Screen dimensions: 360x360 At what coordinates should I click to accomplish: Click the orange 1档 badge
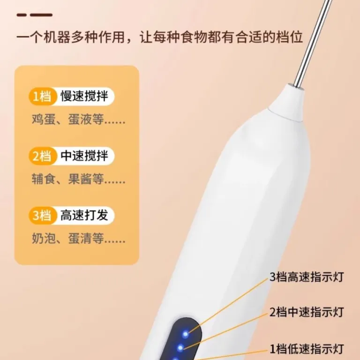pyautogui.click(x=43, y=96)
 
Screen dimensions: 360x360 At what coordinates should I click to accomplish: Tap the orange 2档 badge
pyautogui.click(x=43, y=156)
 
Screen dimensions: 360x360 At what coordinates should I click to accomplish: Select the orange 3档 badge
pyautogui.click(x=43, y=216)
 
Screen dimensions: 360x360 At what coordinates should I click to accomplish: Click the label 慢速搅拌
pyautogui.click(x=84, y=96)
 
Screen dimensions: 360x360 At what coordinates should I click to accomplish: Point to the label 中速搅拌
pyautogui.click(x=84, y=156)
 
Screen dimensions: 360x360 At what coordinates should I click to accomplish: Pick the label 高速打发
pyautogui.click(x=84, y=215)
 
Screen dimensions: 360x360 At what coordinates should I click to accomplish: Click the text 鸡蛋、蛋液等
pyautogui.click(x=79, y=120)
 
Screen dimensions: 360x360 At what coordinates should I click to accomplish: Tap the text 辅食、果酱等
pyautogui.click(x=79, y=179)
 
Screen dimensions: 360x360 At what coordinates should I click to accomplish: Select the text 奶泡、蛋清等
pyautogui.click(x=79, y=239)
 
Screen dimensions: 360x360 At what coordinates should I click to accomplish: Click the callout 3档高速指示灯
pyautogui.click(x=307, y=277)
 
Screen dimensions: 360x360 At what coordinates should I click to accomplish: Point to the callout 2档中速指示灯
pyautogui.click(x=307, y=312)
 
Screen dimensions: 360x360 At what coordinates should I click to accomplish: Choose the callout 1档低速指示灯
pyautogui.click(x=307, y=349)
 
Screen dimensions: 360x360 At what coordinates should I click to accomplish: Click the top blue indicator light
pyautogui.click(x=185, y=334)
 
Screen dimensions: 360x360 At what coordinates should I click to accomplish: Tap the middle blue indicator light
pyautogui.click(x=180, y=348)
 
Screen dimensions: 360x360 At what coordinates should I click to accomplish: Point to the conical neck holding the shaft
pyautogui.click(x=287, y=103)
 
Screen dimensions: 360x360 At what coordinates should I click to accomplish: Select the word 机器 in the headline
pyautogui.click(x=57, y=37)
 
